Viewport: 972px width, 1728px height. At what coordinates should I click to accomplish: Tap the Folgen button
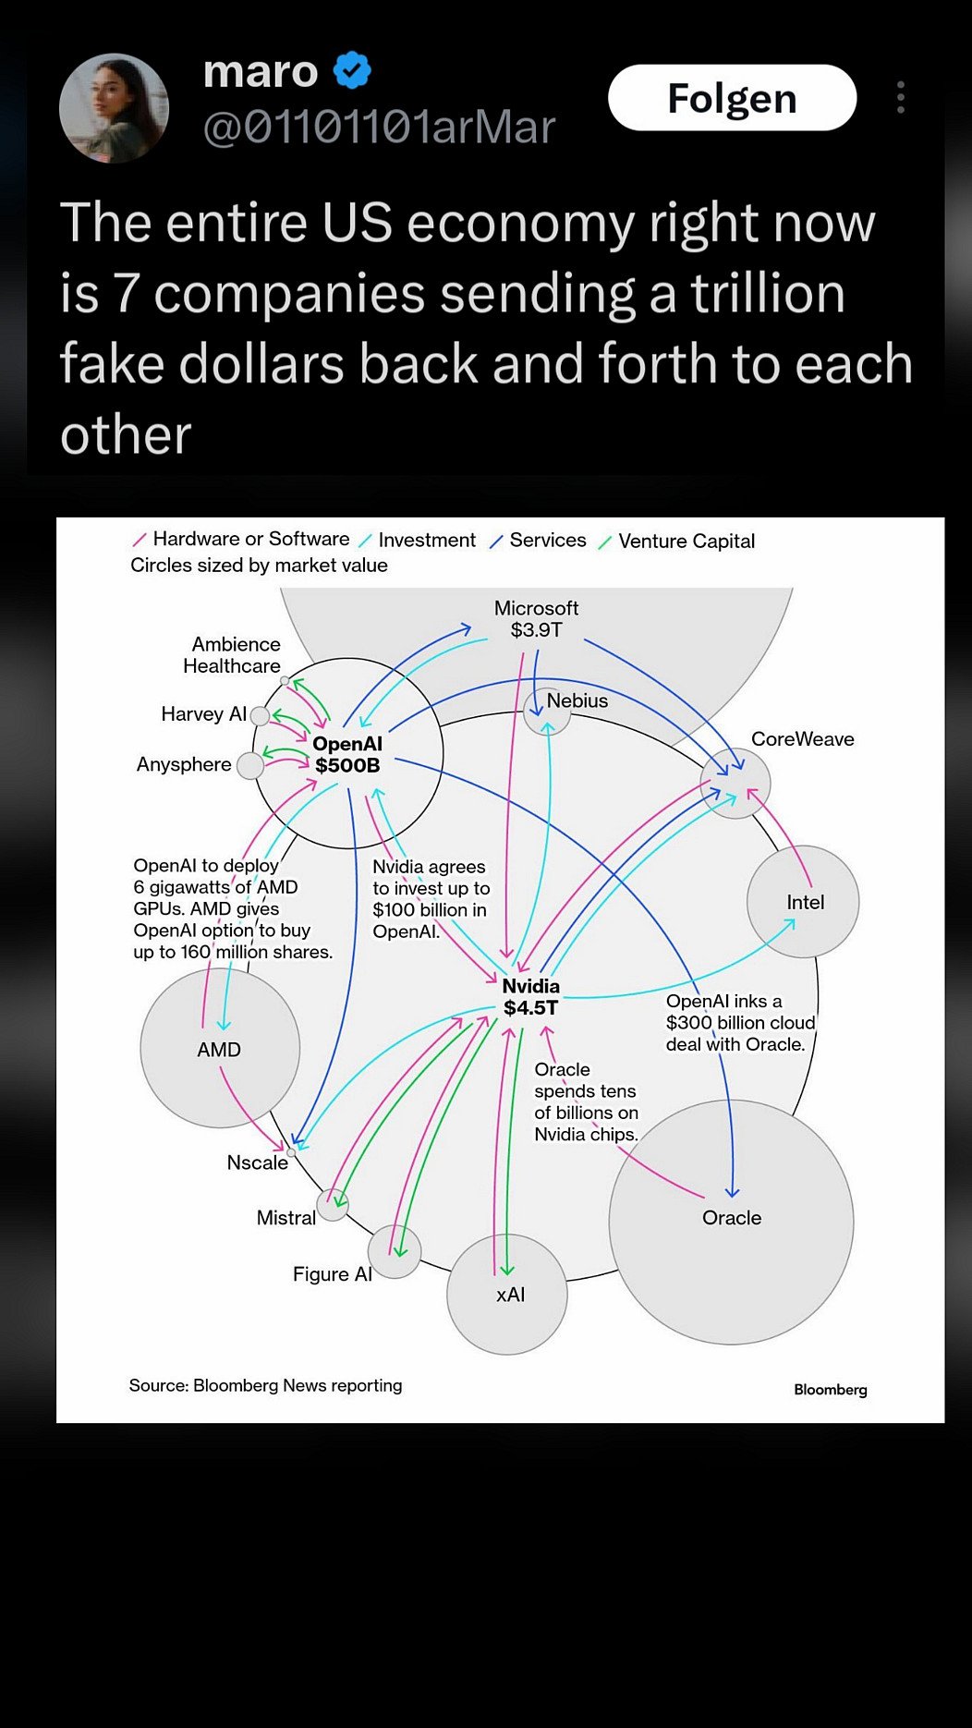[732, 98]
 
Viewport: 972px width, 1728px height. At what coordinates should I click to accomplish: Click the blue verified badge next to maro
[352, 70]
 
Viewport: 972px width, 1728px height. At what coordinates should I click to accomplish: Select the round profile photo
[114, 108]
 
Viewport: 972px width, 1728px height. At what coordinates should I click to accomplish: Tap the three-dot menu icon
[900, 98]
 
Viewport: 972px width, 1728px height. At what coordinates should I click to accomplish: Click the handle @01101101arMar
[379, 128]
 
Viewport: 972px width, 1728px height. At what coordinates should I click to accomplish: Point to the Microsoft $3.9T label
[536, 619]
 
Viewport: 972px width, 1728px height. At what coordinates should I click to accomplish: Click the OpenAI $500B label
[347, 755]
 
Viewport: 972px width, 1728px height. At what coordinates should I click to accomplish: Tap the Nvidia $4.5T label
[530, 997]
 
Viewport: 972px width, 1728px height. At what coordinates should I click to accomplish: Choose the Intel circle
[803, 901]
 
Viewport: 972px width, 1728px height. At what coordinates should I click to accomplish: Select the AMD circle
[220, 1048]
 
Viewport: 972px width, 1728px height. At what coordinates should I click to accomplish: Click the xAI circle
[507, 1295]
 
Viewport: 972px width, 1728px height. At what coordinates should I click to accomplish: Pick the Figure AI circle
[395, 1252]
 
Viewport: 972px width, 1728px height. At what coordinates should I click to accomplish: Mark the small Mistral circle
[333, 1204]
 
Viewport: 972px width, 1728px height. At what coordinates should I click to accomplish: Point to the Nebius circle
[546, 712]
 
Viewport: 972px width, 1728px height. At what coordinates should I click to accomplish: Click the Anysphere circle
[249, 765]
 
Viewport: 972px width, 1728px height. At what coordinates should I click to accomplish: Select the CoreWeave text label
[802, 739]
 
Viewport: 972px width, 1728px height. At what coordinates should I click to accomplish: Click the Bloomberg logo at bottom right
[830, 1390]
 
